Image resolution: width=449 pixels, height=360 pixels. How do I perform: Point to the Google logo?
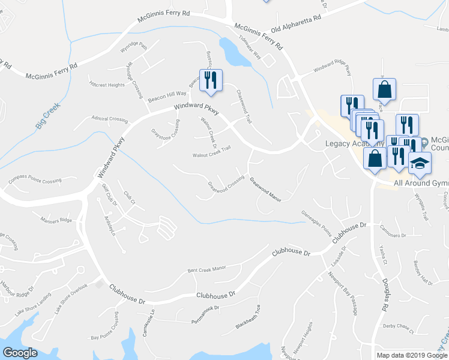[x=20, y=353]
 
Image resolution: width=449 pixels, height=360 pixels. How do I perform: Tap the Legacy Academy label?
[x=354, y=144]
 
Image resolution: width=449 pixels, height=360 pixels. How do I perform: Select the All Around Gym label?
[x=421, y=182]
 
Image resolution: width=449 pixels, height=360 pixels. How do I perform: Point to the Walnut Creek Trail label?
[x=211, y=152]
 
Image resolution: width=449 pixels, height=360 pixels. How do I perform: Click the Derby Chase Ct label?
[x=399, y=328]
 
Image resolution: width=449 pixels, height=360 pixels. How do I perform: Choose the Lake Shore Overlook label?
[x=71, y=298]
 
